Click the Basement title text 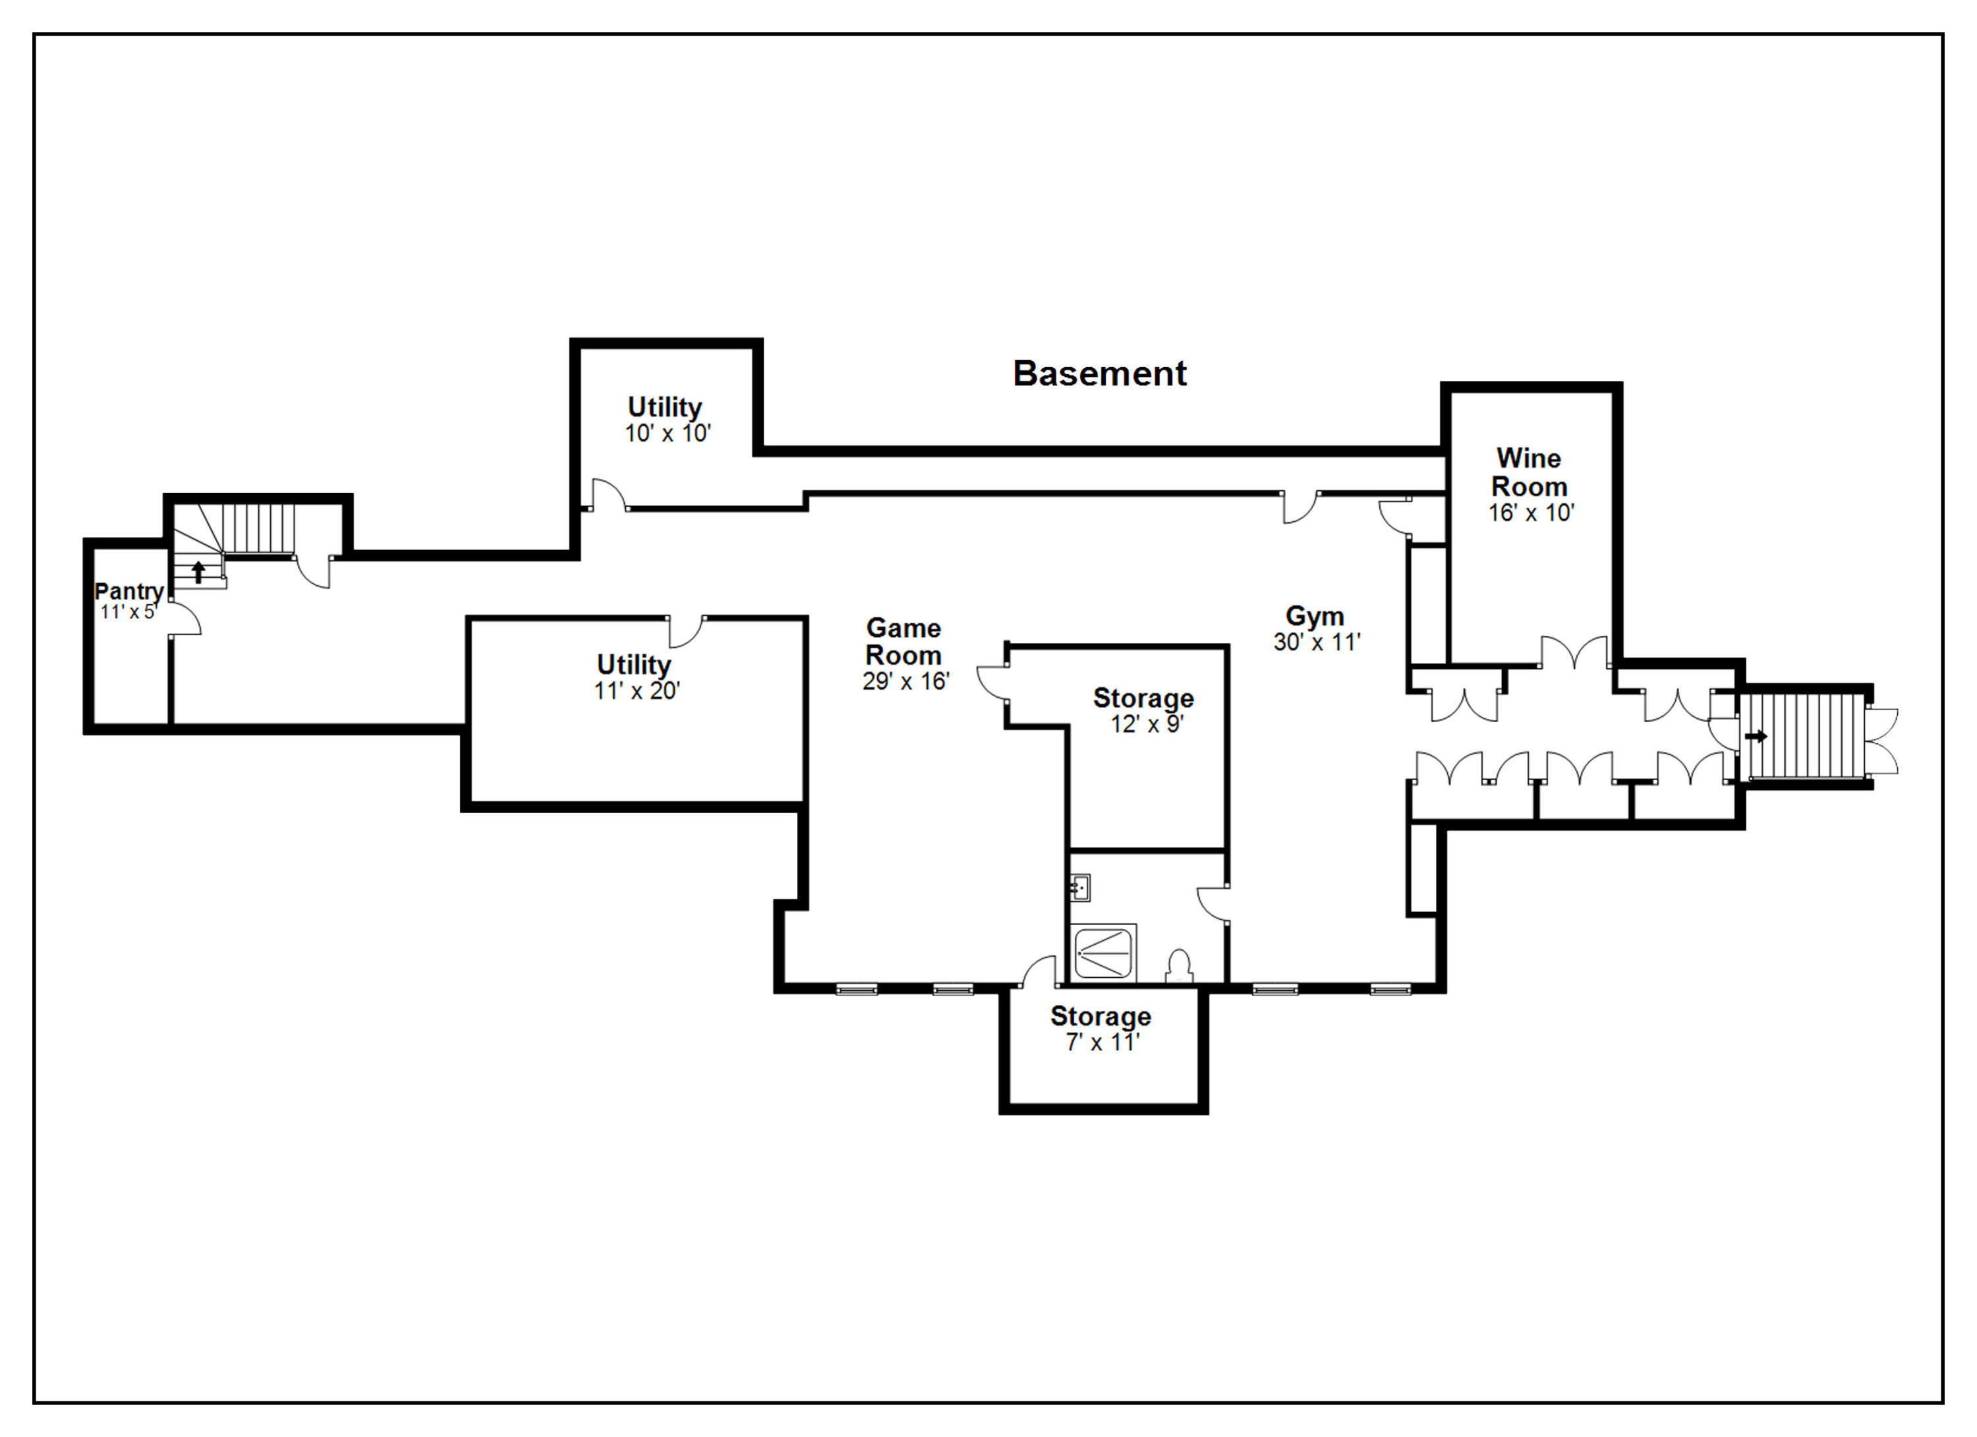pyautogui.click(x=1099, y=374)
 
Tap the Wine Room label pyautogui.click(x=1529, y=472)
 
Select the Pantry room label pyautogui.click(x=129, y=591)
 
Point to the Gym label pyautogui.click(x=1315, y=617)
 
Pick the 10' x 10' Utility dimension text pyautogui.click(x=668, y=433)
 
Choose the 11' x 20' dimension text pyautogui.click(x=637, y=691)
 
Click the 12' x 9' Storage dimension pyautogui.click(x=1147, y=724)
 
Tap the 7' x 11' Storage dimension pyautogui.click(x=1103, y=1042)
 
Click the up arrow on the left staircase pyautogui.click(x=199, y=572)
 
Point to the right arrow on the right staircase pyautogui.click(x=1756, y=737)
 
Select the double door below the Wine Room pyautogui.click(x=1574, y=653)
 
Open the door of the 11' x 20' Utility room pyautogui.click(x=686, y=632)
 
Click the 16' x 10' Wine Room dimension pyautogui.click(x=1531, y=513)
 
